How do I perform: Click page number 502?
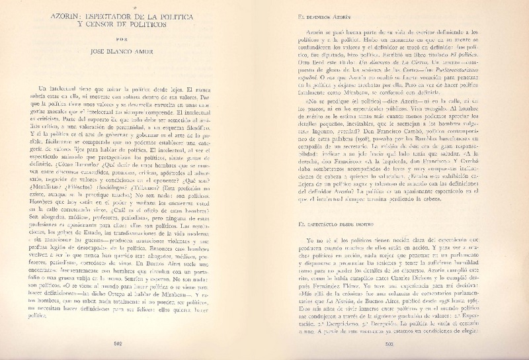pyautogui.click(x=139, y=343)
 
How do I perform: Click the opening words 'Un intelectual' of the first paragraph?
pyautogui.click(x=61, y=89)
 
